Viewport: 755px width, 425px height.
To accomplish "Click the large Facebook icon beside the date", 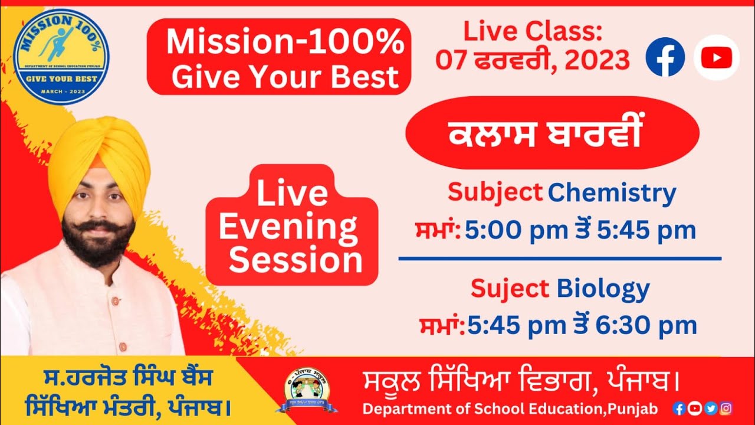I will [x=665, y=57].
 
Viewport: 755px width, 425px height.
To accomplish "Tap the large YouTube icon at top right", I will [x=716, y=57].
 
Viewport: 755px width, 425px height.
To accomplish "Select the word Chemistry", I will [x=612, y=193].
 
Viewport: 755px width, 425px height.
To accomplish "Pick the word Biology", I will [x=603, y=289].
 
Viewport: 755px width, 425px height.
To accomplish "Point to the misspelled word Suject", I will [x=510, y=289].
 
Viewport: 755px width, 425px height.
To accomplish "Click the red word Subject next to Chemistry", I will [x=495, y=192].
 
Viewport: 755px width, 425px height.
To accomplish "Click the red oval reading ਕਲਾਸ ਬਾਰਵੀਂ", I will [x=553, y=133].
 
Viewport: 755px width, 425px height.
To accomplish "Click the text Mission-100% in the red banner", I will [x=285, y=43].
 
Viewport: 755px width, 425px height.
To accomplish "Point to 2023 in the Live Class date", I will [x=597, y=60].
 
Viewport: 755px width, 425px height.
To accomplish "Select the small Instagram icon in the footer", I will [x=727, y=408].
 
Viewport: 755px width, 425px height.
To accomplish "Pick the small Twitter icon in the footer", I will [x=711, y=408].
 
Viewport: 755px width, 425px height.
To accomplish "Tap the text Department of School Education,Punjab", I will [x=510, y=408].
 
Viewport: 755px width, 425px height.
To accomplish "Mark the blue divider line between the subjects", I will [x=560, y=258].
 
